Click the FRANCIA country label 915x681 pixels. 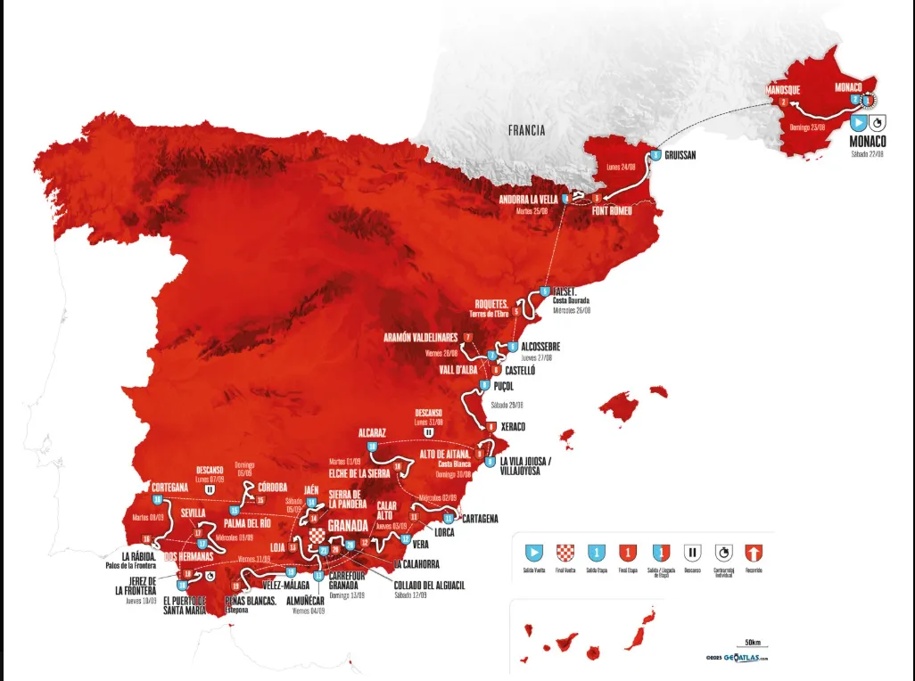(x=526, y=130)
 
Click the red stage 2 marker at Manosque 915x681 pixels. (x=783, y=102)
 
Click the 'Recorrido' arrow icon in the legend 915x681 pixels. (x=758, y=552)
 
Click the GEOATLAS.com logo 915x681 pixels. (x=737, y=659)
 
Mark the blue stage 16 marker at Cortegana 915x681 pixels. (x=157, y=500)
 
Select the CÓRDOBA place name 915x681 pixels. (x=272, y=487)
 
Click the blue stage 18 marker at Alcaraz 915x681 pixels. (x=372, y=446)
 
